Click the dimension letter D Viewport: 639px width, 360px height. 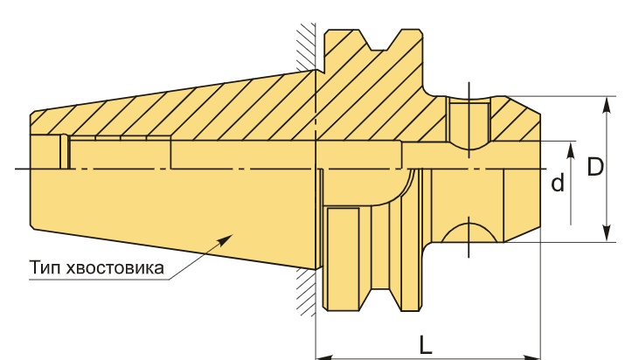point(595,167)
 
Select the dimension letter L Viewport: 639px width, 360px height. point(426,345)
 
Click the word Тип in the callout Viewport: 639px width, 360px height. point(45,268)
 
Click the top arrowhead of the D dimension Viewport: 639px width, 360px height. point(608,105)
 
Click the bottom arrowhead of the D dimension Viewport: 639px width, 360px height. point(608,233)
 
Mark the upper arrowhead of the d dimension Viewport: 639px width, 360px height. point(571,150)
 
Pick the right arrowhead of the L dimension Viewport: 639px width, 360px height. point(532,357)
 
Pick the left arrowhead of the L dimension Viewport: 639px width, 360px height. point(325,357)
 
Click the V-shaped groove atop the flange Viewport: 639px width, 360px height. point(379,40)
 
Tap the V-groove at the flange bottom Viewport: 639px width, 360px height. point(379,300)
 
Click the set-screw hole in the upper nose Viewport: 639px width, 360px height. point(469,121)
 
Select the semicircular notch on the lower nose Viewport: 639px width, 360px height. point(469,232)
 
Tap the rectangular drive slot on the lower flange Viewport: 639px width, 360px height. point(344,259)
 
